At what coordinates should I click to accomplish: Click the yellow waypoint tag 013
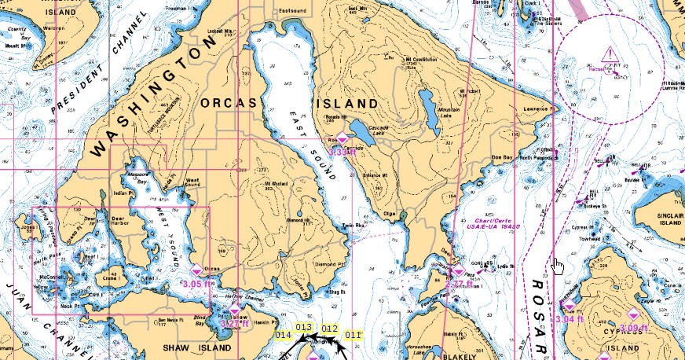(304, 327)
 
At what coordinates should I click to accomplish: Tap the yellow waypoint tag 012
(330, 329)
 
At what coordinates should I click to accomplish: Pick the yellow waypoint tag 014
(284, 335)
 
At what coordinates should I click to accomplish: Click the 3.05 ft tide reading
(196, 284)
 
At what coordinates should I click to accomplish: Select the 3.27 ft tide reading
(233, 323)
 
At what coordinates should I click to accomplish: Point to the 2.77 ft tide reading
(458, 284)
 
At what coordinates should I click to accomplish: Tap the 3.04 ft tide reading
(570, 319)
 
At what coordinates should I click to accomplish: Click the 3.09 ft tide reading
(633, 328)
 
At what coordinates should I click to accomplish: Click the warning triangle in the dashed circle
(610, 54)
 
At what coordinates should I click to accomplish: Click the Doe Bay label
(502, 158)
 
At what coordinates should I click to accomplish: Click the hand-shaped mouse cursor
(558, 266)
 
